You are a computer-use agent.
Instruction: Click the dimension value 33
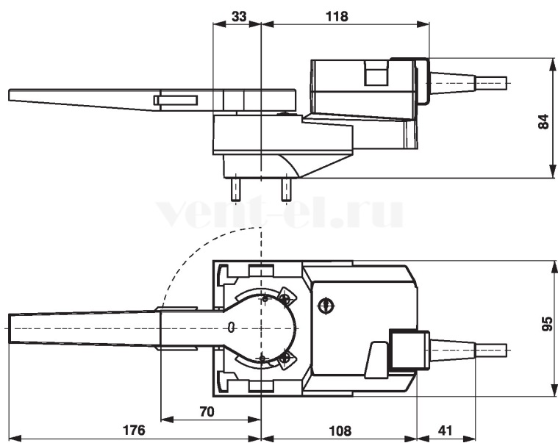click(x=239, y=16)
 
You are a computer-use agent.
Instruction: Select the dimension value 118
click(x=337, y=16)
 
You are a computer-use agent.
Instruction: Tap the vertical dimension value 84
click(x=543, y=122)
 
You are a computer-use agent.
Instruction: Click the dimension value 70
click(x=207, y=411)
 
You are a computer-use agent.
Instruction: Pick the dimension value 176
click(x=134, y=430)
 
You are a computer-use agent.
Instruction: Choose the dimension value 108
click(x=340, y=431)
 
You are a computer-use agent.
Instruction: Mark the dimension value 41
click(x=445, y=431)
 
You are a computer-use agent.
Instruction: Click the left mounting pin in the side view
click(x=235, y=190)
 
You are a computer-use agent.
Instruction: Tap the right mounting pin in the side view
click(x=285, y=190)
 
